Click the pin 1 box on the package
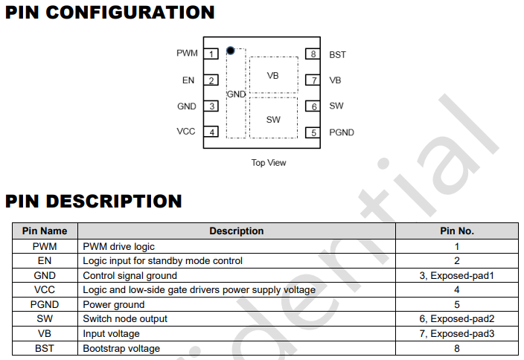pos(211,54)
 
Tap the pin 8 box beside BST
pos(313,54)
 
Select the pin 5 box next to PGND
pos(313,132)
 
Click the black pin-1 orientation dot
pos(230,51)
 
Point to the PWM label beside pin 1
pos(187,53)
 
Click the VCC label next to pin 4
pos(186,131)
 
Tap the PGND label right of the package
pos(342,132)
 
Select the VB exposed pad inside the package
pos(274,74)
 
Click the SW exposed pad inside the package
pos(273,118)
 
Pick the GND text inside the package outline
pos(236,94)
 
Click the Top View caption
pos(269,163)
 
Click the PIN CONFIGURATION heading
pos(110,13)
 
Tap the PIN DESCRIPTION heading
pos(94,202)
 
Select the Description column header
pos(237,231)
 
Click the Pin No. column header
pos(457,231)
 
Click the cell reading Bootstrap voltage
pos(121,348)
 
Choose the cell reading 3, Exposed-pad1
pos(457,275)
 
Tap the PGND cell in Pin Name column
pos(45,304)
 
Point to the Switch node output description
pos(125,319)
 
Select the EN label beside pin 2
pos(188,80)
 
